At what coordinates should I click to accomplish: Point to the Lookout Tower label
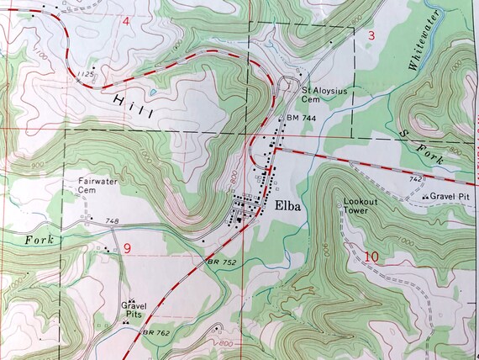point(361,205)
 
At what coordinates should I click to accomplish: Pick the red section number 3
point(371,34)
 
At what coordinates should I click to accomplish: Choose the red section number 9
point(127,247)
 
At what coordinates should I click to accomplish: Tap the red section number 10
point(372,257)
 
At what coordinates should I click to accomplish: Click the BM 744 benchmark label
point(300,119)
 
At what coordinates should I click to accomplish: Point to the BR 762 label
point(155,334)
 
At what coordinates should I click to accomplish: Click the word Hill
point(132,106)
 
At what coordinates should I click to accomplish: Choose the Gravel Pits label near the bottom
point(133,309)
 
